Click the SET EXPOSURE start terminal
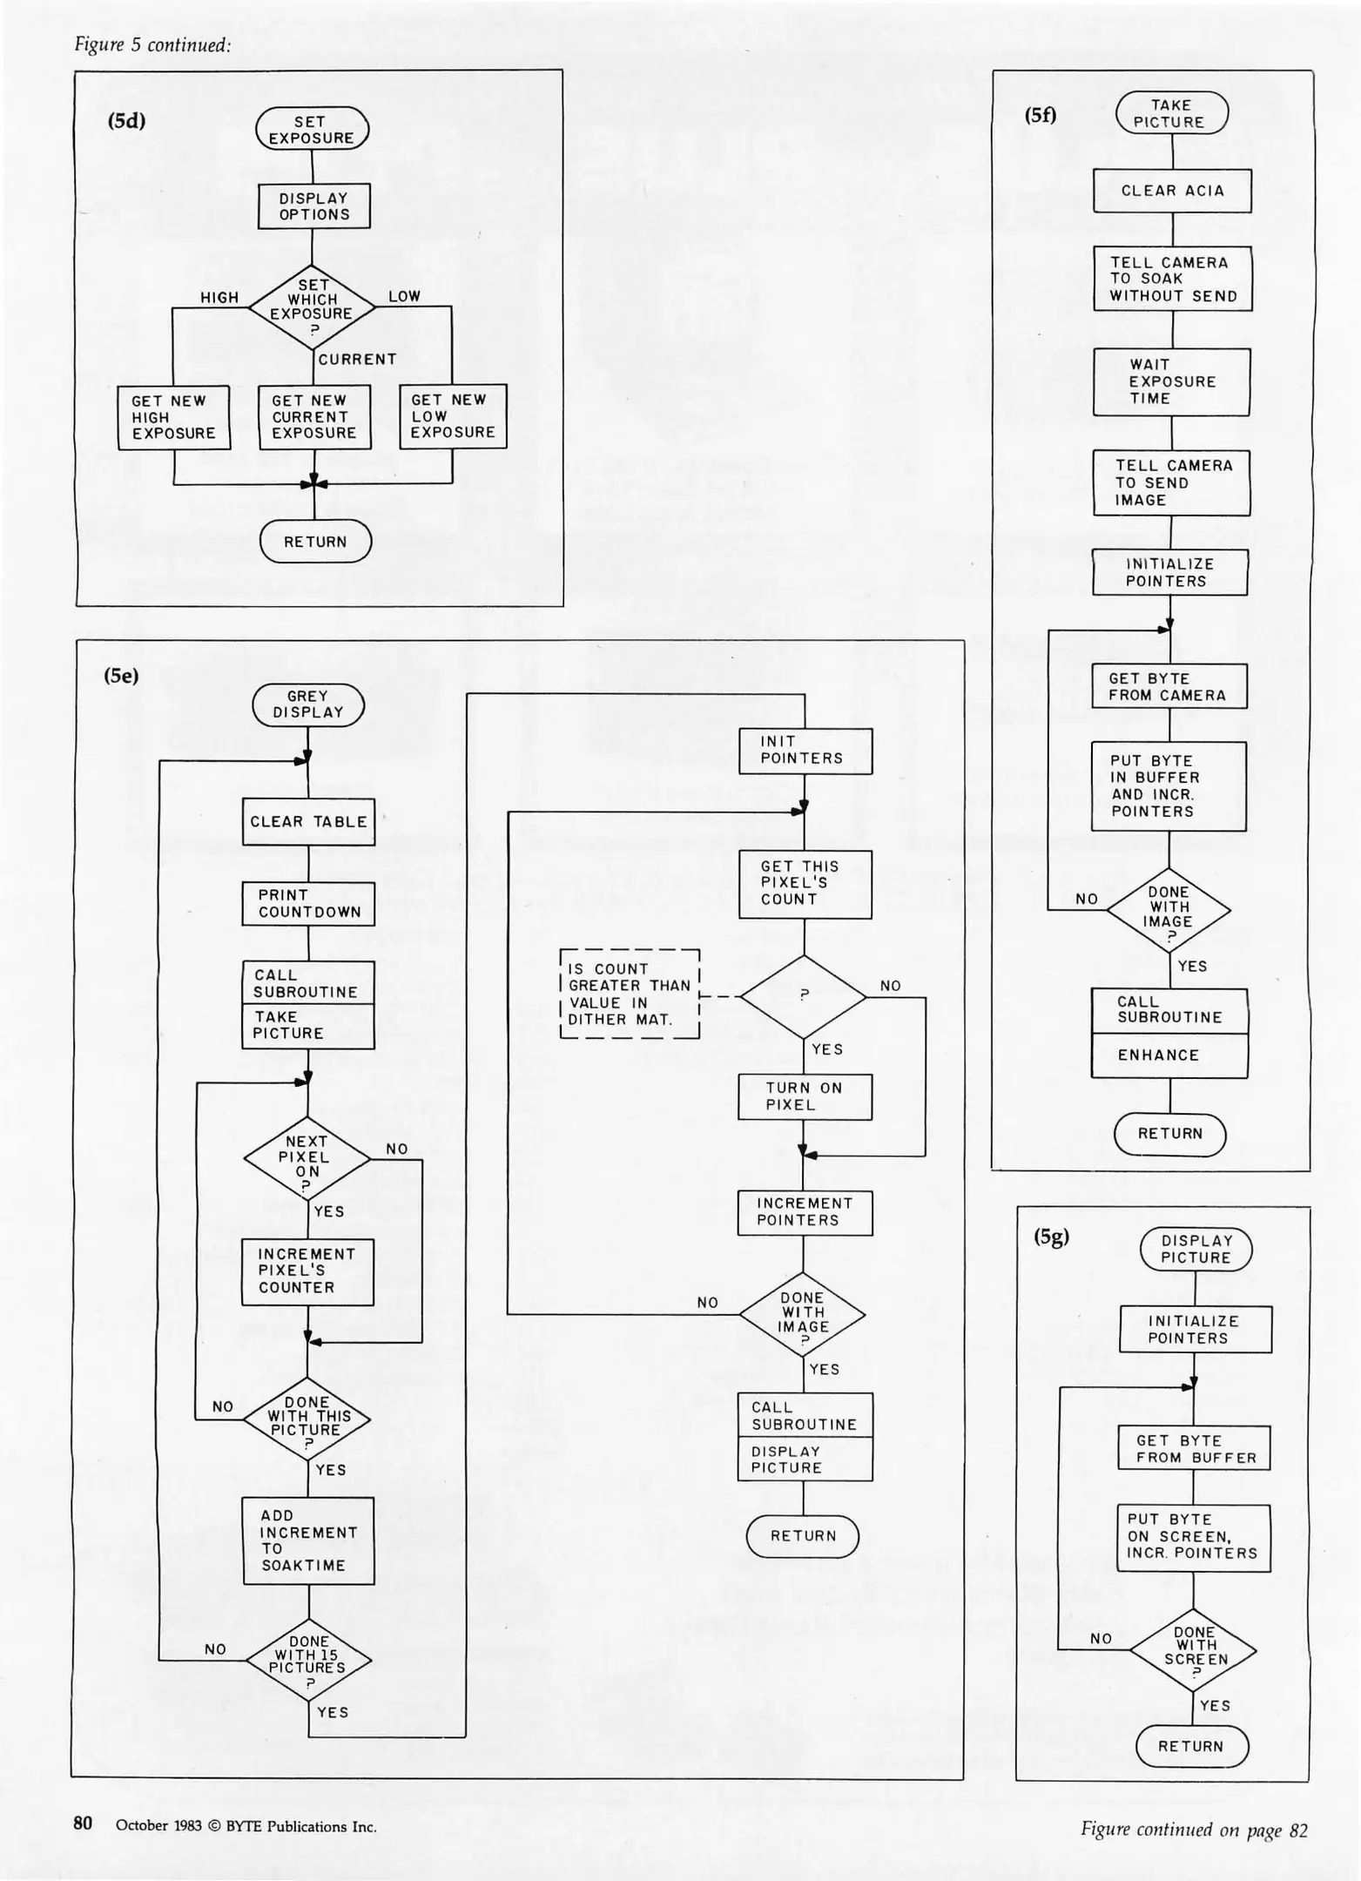[x=312, y=129]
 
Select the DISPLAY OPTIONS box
[x=313, y=206]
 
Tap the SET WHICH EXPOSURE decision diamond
[x=312, y=307]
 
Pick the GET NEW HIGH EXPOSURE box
[x=174, y=417]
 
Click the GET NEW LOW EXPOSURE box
[x=453, y=416]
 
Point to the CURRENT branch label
[x=357, y=359]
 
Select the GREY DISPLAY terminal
[x=308, y=705]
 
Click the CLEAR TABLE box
[x=308, y=821]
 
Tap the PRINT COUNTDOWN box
[x=308, y=904]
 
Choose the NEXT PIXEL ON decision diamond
[x=307, y=1158]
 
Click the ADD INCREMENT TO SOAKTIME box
[x=308, y=1541]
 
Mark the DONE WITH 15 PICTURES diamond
[x=308, y=1660]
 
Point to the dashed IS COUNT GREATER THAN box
[x=630, y=994]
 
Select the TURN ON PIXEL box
[x=805, y=1096]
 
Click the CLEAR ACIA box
[x=1172, y=191]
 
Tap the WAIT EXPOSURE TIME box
[x=1171, y=381]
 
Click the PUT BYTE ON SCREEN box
[x=1193, y=1537]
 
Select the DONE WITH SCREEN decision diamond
[x=1193, y=1649]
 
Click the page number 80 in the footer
[x=83, y=1823]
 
